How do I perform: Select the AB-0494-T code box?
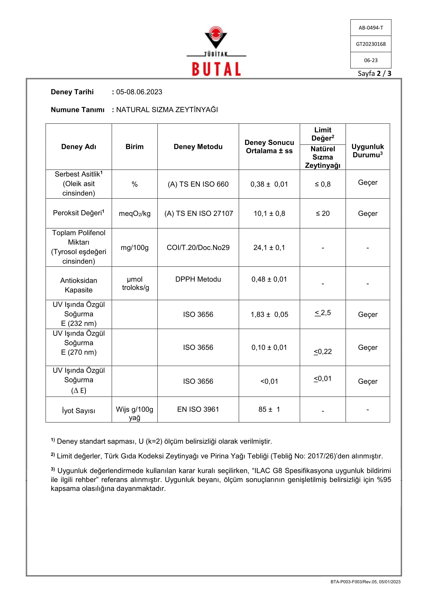pos(371,28)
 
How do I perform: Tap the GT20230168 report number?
pos(371,44)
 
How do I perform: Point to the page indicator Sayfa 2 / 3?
pos(374,73)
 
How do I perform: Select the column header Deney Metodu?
pos(198,147)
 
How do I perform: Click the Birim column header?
pos(134,147)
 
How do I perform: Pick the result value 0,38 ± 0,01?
pos(269,184)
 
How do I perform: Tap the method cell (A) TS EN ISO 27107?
pos(198,213)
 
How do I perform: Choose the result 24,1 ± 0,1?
pos(269,248)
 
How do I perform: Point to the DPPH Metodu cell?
pos(198,279)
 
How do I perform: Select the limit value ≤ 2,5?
pos(323,313)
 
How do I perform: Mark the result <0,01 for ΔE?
pos(269,381)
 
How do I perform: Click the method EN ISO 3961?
pos(198,409)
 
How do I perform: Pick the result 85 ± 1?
pos(269,409)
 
